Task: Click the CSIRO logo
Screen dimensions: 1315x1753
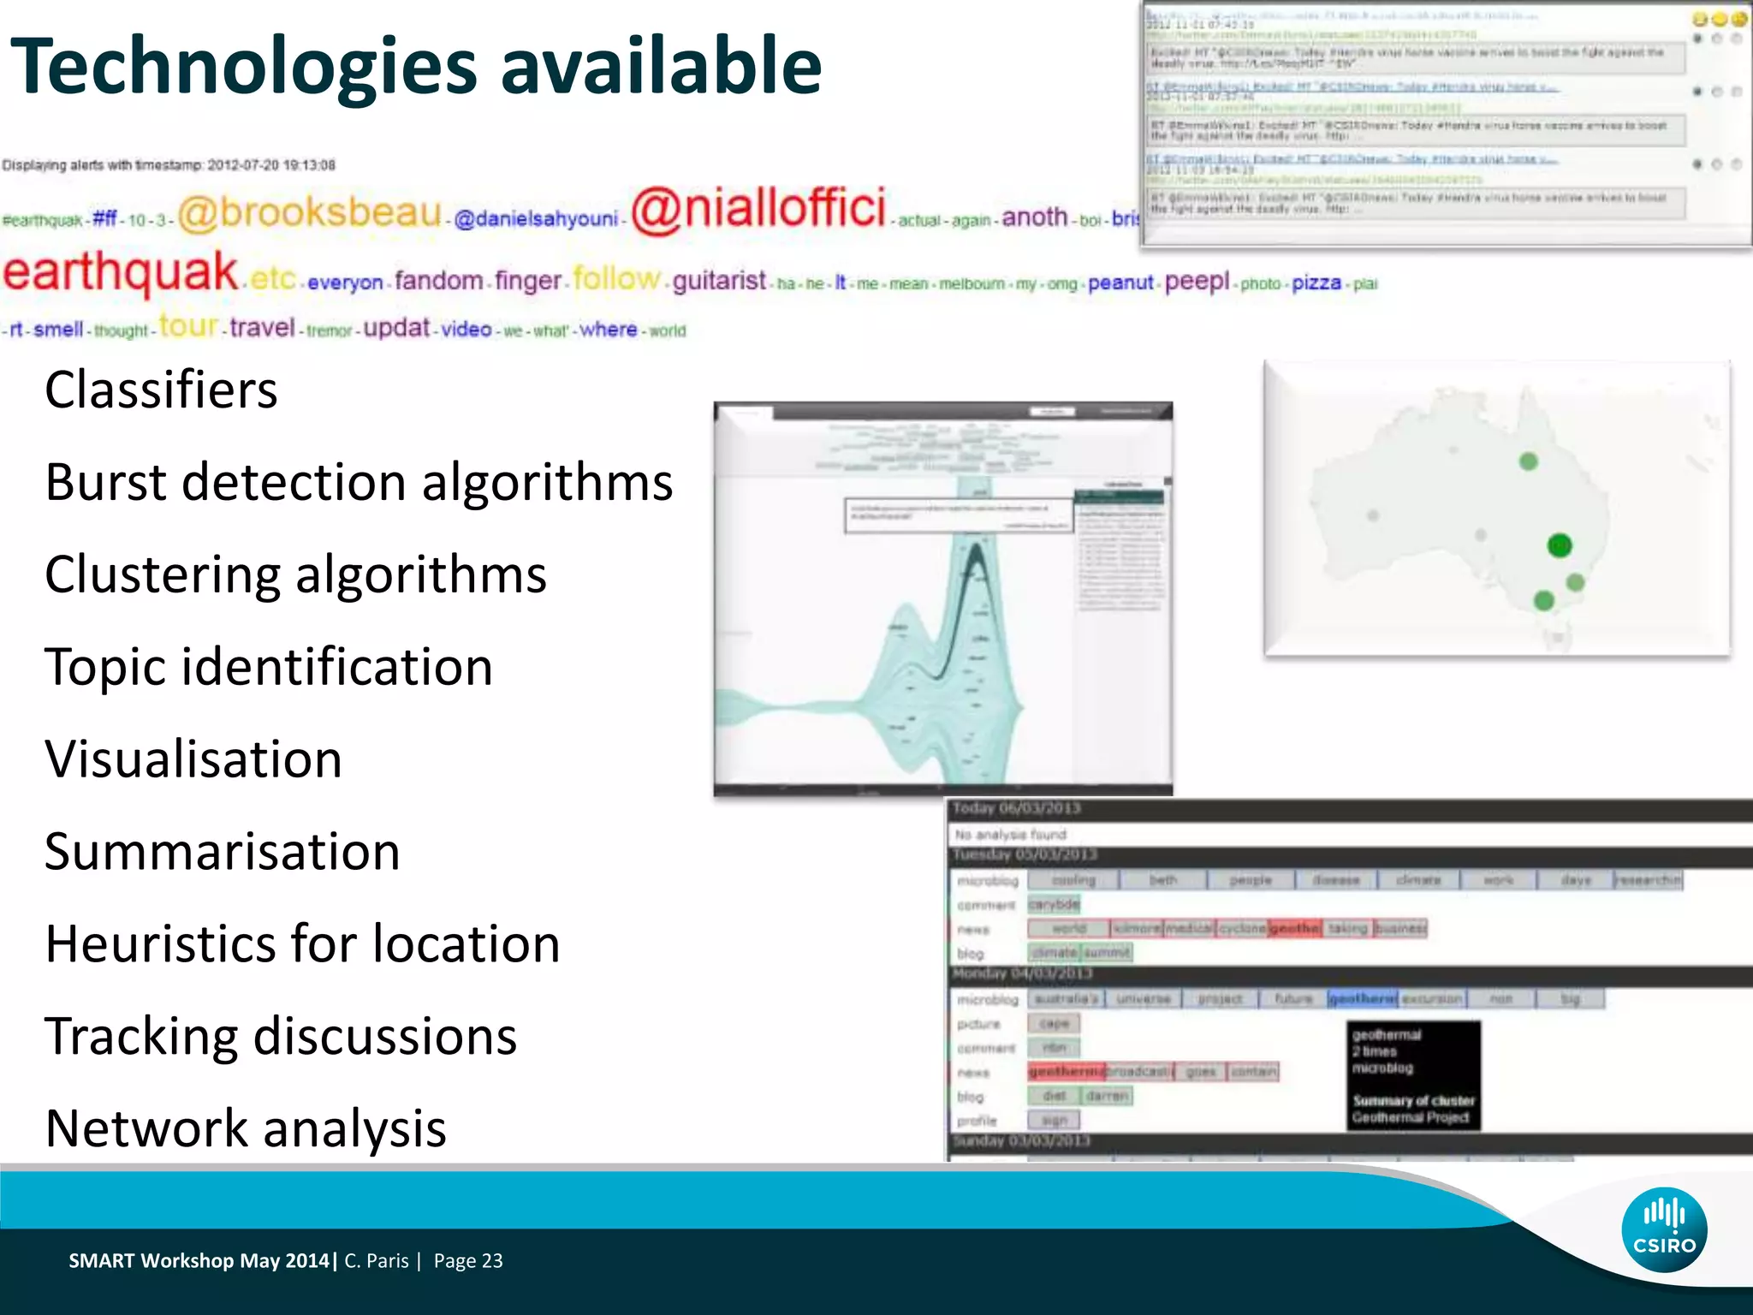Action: [1664, 1229]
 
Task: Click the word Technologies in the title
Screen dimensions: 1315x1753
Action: [243, 67]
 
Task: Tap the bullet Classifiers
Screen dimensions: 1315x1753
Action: [161, 390]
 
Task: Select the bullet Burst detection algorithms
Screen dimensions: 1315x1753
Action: [359, 482]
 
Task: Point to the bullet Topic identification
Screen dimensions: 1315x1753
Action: [268, 667]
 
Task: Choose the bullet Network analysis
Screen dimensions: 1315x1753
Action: [246, 1128]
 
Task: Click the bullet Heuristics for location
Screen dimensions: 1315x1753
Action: [302, 943]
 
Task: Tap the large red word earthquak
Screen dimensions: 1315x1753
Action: [120, 272]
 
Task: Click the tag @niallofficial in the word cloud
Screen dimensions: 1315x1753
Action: [758, 208]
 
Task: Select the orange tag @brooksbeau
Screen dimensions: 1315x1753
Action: [310, 212]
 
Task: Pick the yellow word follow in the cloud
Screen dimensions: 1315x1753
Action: [617, 278]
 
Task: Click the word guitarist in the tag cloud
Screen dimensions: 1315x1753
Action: [719, 281]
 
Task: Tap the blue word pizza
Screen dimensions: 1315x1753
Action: [1316, 283]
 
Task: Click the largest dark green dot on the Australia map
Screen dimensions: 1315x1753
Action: [1560, 545]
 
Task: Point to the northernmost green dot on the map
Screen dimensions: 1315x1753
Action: [1529, 461]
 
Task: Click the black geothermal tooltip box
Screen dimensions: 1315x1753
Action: [1413, 1075]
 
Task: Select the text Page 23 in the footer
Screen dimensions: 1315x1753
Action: [468, 1260]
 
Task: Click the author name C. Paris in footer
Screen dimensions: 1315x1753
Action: [377, 1260]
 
